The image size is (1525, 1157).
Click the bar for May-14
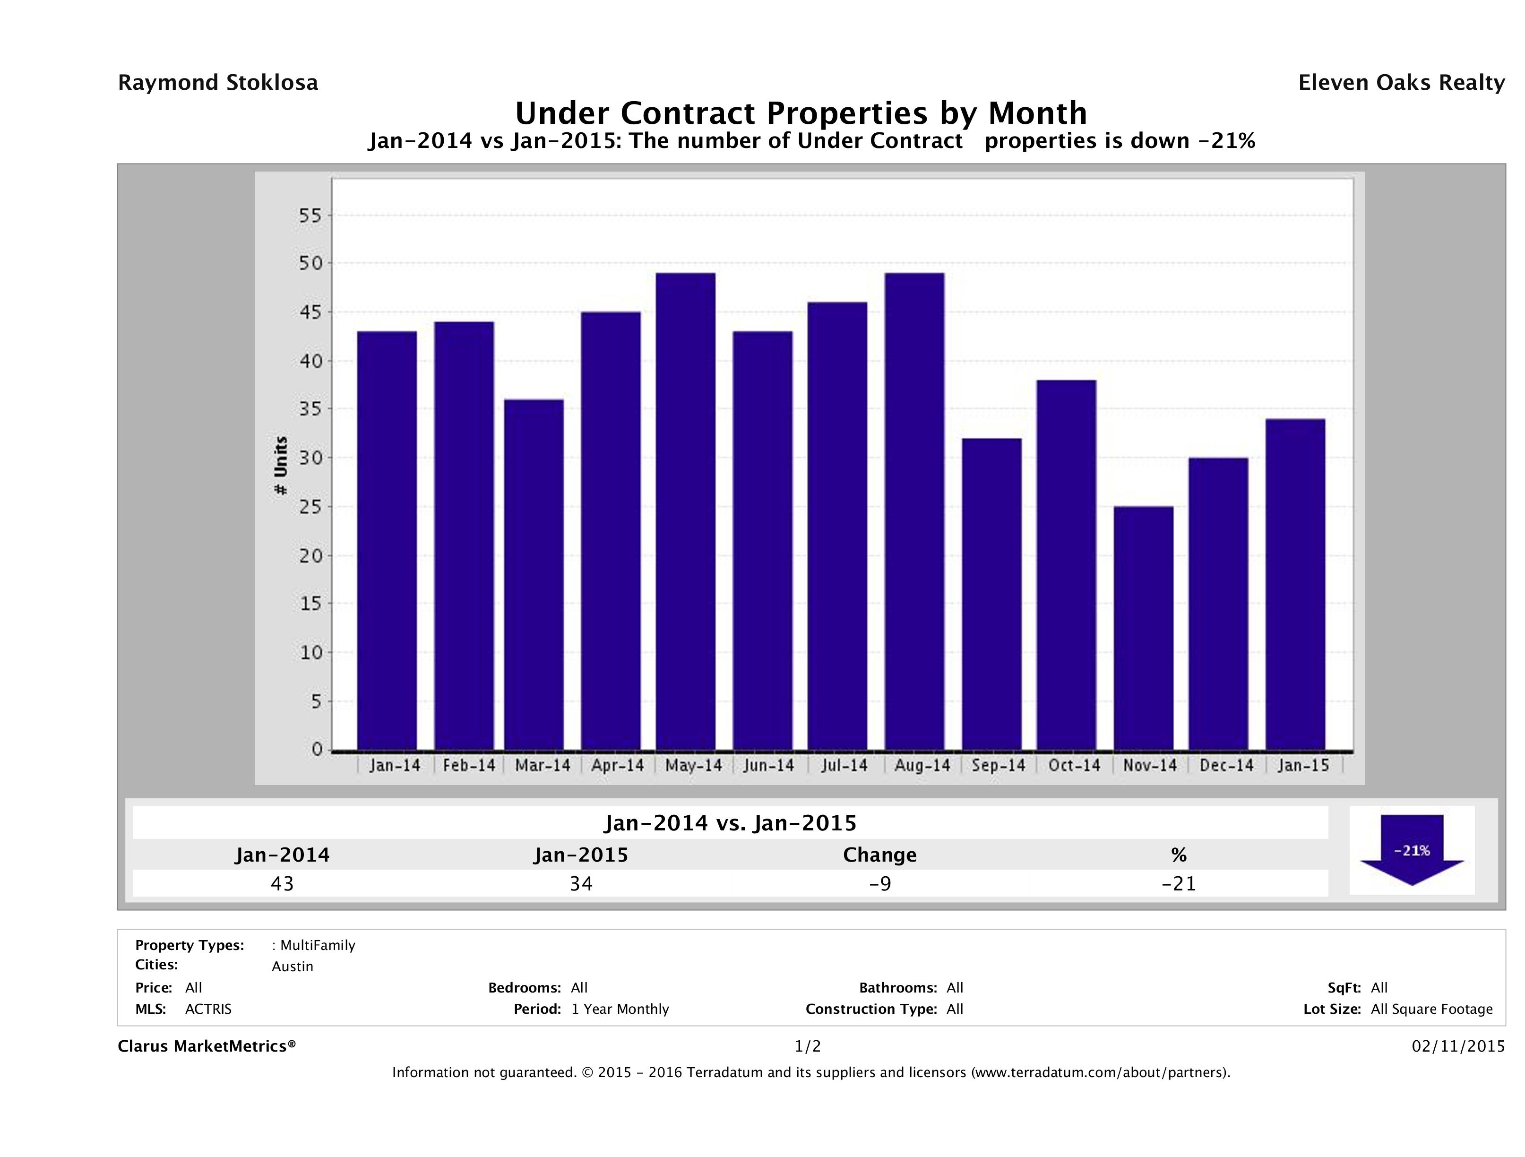point(685,511)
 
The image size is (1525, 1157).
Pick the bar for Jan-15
point(1295,584)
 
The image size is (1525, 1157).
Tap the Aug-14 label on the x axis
point(922,765)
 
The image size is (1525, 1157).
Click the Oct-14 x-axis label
point(1074,765)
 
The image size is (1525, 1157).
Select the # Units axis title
point(281,466)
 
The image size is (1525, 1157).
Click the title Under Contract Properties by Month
point(801,112)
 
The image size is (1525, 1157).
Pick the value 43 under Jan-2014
point(282,883)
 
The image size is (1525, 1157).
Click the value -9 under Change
point(880,883)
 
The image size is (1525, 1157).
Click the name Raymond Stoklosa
point(218,83)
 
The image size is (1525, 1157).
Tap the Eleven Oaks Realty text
point(1401,83)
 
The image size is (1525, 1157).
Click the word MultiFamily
point(317,945)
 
